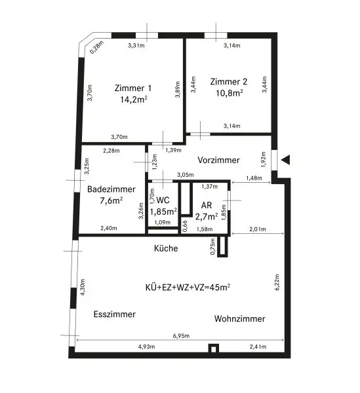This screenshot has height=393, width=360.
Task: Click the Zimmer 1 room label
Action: (x=133, y=88)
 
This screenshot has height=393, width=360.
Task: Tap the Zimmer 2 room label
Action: (x=229, y=82)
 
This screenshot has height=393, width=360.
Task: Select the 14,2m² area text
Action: (x=133, y=100)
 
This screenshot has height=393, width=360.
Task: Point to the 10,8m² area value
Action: (x=229, y=94)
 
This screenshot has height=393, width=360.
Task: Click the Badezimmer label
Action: (x=108, y=189)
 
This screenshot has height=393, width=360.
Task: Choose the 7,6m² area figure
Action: (x=108, y=200)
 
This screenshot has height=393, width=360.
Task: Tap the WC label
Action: (x=163, y=199)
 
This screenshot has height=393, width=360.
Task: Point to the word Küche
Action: (x=166, y=248)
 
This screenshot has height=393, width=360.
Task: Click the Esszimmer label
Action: (x=115, y=314)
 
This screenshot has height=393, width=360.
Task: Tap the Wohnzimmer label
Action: (x=239, y=319)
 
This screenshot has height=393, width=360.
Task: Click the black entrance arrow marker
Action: (x=285, y=159)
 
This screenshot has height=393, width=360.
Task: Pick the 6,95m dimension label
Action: (x=181, y=336)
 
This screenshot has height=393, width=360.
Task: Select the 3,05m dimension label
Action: (x=186, y=176)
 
